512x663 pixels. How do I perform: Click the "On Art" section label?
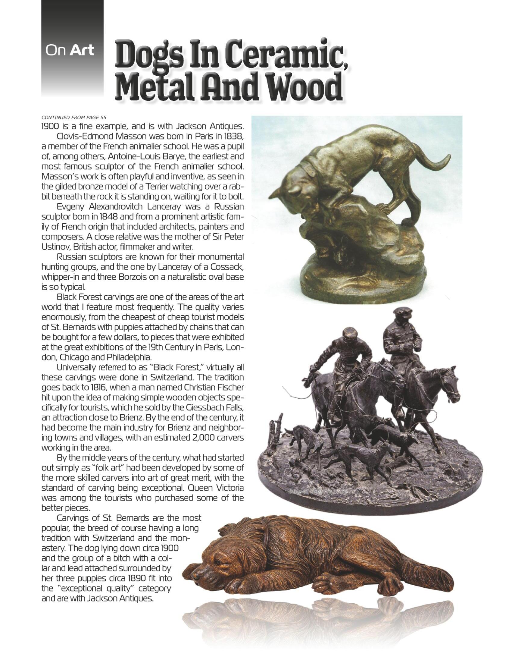point(70,51)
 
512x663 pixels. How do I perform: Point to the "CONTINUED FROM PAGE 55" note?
point(74,118)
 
